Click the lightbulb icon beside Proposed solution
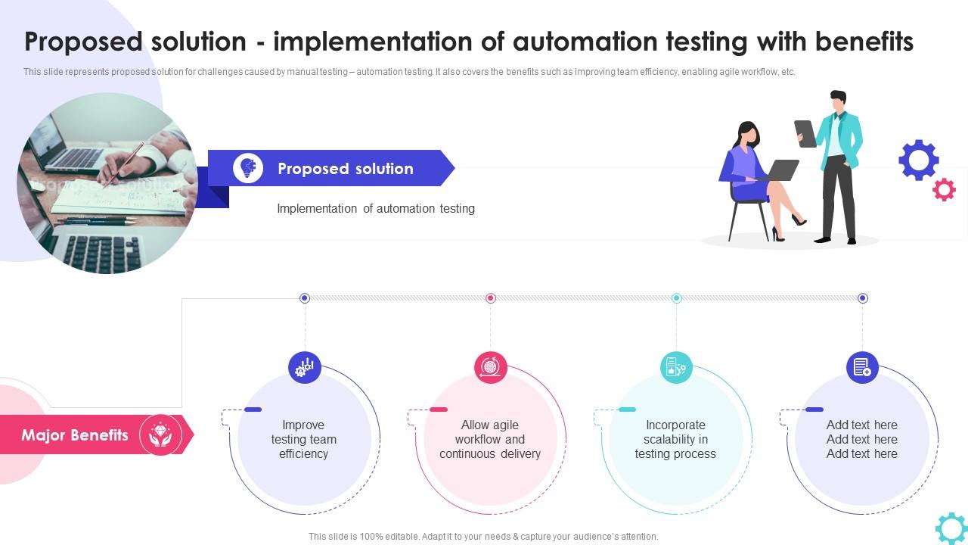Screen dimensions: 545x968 248,168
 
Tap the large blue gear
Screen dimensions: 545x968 919,160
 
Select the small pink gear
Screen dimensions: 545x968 944,188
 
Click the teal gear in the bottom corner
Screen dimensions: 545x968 951,528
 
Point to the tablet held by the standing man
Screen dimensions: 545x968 805,134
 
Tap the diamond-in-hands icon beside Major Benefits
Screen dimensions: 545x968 160,434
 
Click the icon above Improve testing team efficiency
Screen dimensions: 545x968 305,367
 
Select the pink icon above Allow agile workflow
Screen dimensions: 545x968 490,367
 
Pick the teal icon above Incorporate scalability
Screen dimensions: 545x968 676,367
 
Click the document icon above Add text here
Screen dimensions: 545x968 862,367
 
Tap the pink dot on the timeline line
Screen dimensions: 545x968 490,298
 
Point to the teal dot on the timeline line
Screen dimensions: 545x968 676,298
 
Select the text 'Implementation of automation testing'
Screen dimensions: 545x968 376,208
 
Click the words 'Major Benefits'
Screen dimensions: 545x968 75,435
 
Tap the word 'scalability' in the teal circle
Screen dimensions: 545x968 675,439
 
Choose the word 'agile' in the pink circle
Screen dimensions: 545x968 504,425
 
